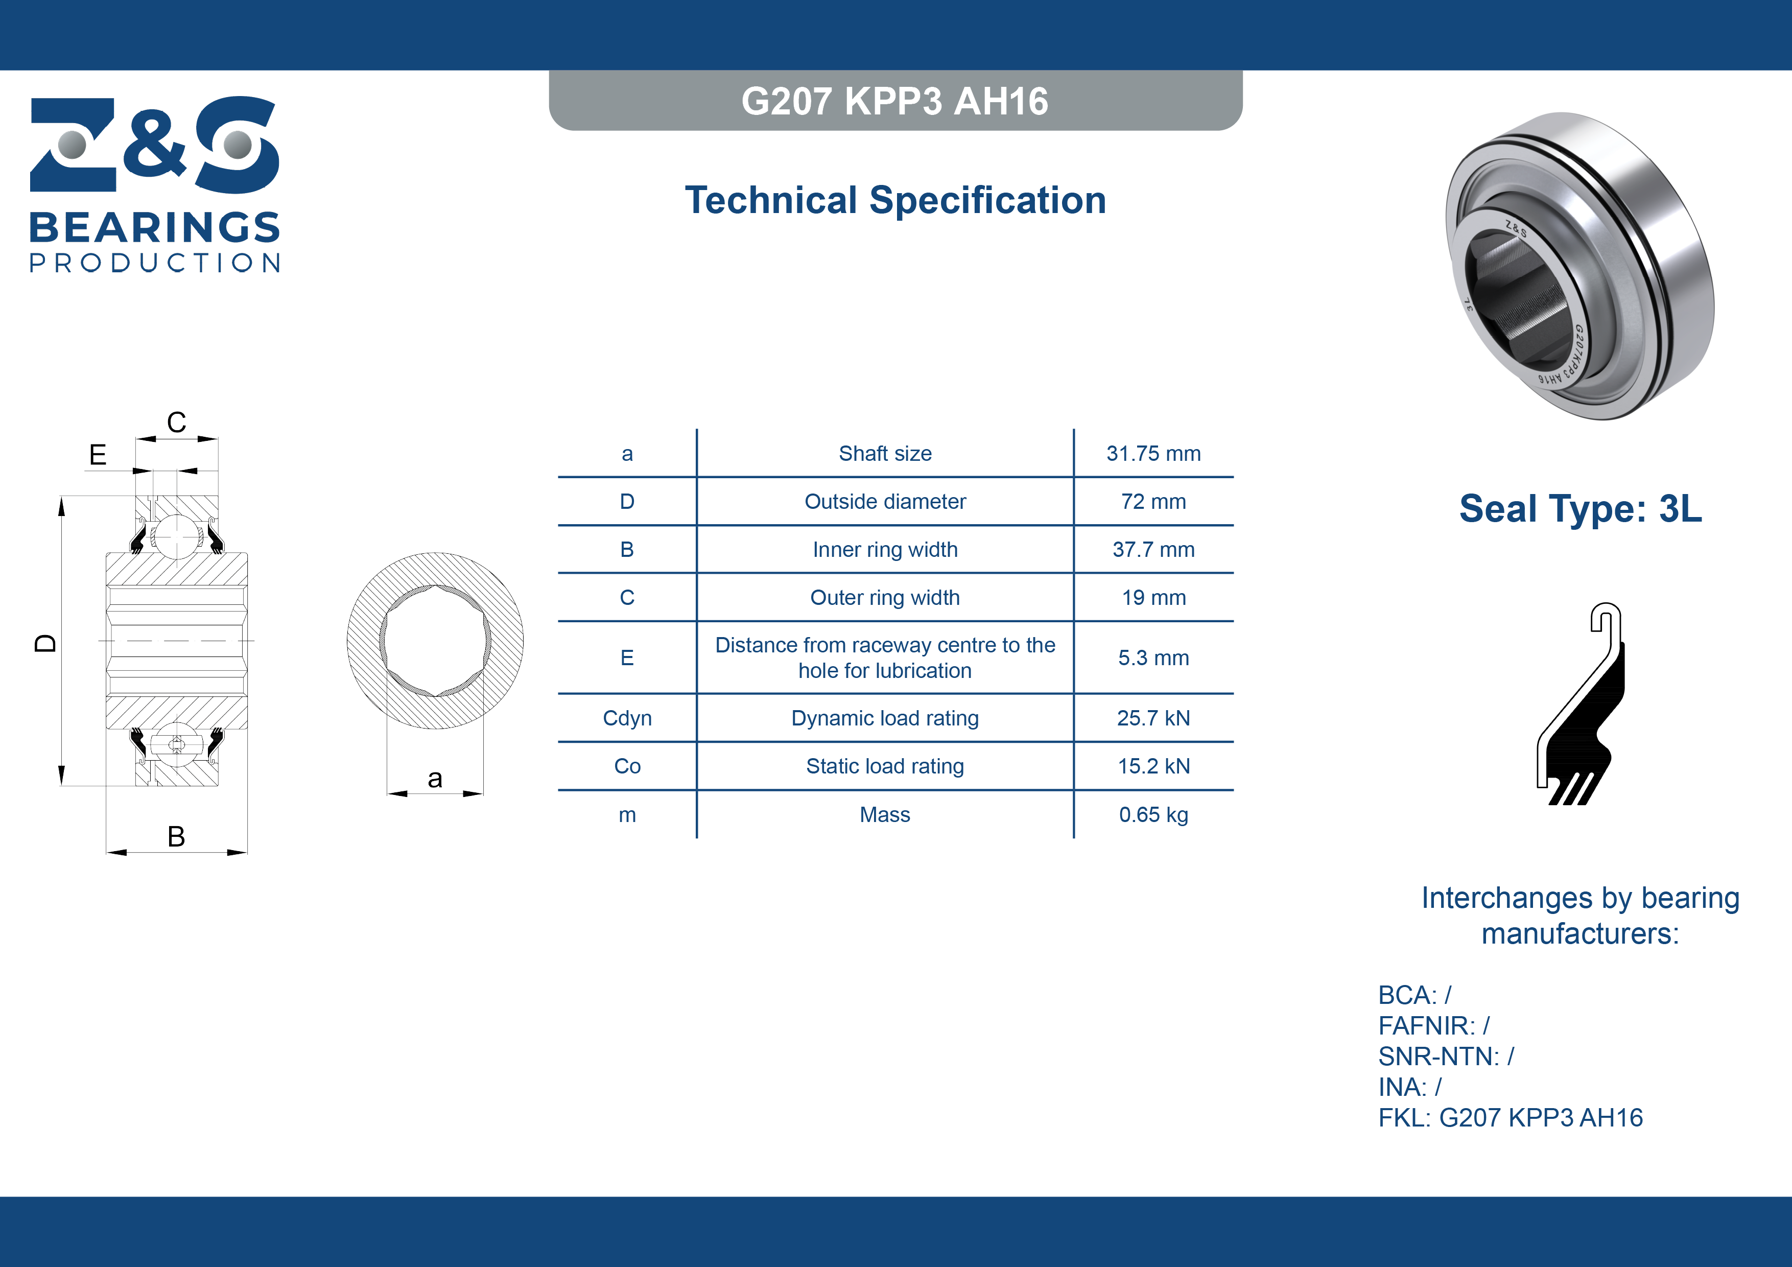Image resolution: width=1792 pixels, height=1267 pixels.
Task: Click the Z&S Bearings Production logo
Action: tap(155, 184)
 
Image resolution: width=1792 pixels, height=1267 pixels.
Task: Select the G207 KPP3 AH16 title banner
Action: tap(895, 101)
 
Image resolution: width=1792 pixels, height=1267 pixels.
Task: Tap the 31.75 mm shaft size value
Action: tap(1153, 454)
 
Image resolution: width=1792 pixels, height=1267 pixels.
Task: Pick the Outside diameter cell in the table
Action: tap(885, 501)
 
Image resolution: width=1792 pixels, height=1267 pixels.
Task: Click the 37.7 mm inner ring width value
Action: tap(1153, 550)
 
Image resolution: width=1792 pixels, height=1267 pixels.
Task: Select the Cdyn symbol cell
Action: tap(627, 718)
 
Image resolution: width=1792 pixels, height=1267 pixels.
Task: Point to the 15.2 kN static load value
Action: tap(1153, 766)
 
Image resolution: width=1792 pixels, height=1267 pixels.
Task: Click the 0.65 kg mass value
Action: tap(1153, 815)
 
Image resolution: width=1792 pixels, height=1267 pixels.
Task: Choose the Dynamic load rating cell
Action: tap(885, 718)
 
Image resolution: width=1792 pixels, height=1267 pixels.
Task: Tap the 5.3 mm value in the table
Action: tap(1153, 658)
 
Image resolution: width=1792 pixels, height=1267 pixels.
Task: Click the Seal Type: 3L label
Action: tap(1581, 508)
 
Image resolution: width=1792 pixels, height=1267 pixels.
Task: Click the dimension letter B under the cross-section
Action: tap(176, 836)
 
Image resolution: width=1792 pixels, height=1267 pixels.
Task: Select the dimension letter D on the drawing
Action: tap(45, 643)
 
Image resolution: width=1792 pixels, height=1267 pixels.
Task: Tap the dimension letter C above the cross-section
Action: tap(176, 423)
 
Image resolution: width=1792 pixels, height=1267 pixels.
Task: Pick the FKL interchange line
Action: tap(1510, 1117)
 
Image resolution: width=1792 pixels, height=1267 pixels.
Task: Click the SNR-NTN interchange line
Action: tap(1446, 1056)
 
